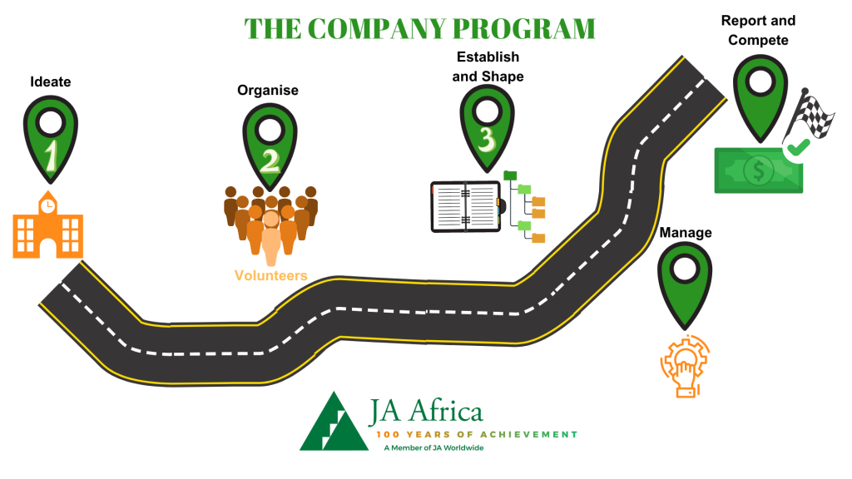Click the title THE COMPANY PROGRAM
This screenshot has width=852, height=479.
point(420,27)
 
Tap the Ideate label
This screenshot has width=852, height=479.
point(51,81)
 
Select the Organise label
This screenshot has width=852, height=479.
point(268,90)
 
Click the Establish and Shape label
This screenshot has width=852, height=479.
point(488,67)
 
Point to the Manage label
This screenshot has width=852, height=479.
point(686,232)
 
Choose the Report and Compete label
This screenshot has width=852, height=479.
point(758,31)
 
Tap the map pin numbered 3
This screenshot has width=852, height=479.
point(488,125)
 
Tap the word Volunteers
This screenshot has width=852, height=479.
point(270,275)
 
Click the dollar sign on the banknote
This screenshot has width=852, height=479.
point(758,171)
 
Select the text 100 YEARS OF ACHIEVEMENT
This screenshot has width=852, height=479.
point(476,434)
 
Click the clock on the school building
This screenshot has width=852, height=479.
point(48,205)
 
